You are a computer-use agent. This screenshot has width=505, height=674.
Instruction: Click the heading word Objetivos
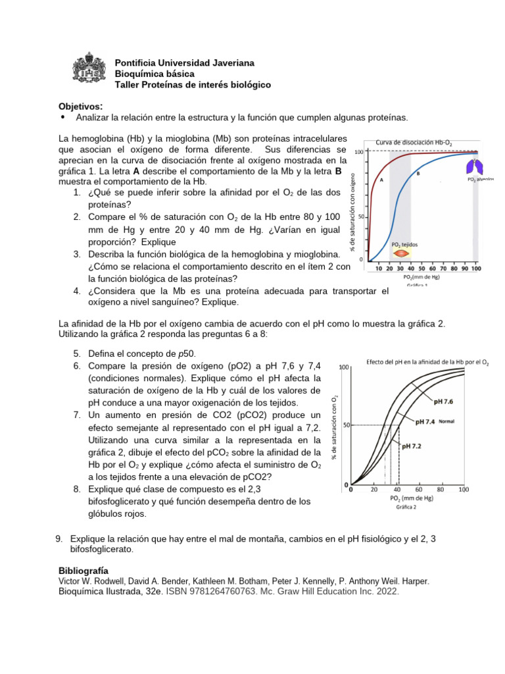[80, 107]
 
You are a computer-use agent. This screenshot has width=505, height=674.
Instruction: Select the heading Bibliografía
[84, 570]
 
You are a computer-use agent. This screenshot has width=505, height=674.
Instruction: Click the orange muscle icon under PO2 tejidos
[403, 254]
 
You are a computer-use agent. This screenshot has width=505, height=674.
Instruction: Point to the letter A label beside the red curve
[382, 179]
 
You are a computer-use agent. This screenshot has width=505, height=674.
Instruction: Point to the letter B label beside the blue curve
[418, 174]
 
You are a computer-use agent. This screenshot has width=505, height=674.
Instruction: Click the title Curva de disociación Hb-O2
[414, 142]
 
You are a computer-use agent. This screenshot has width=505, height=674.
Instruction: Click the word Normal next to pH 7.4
[446, 421]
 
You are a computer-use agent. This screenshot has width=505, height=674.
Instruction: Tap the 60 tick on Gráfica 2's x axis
[418, 489]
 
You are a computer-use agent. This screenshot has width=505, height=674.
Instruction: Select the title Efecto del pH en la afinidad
[427, 361]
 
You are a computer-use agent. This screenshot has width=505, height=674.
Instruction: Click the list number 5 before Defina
[76, 353]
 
